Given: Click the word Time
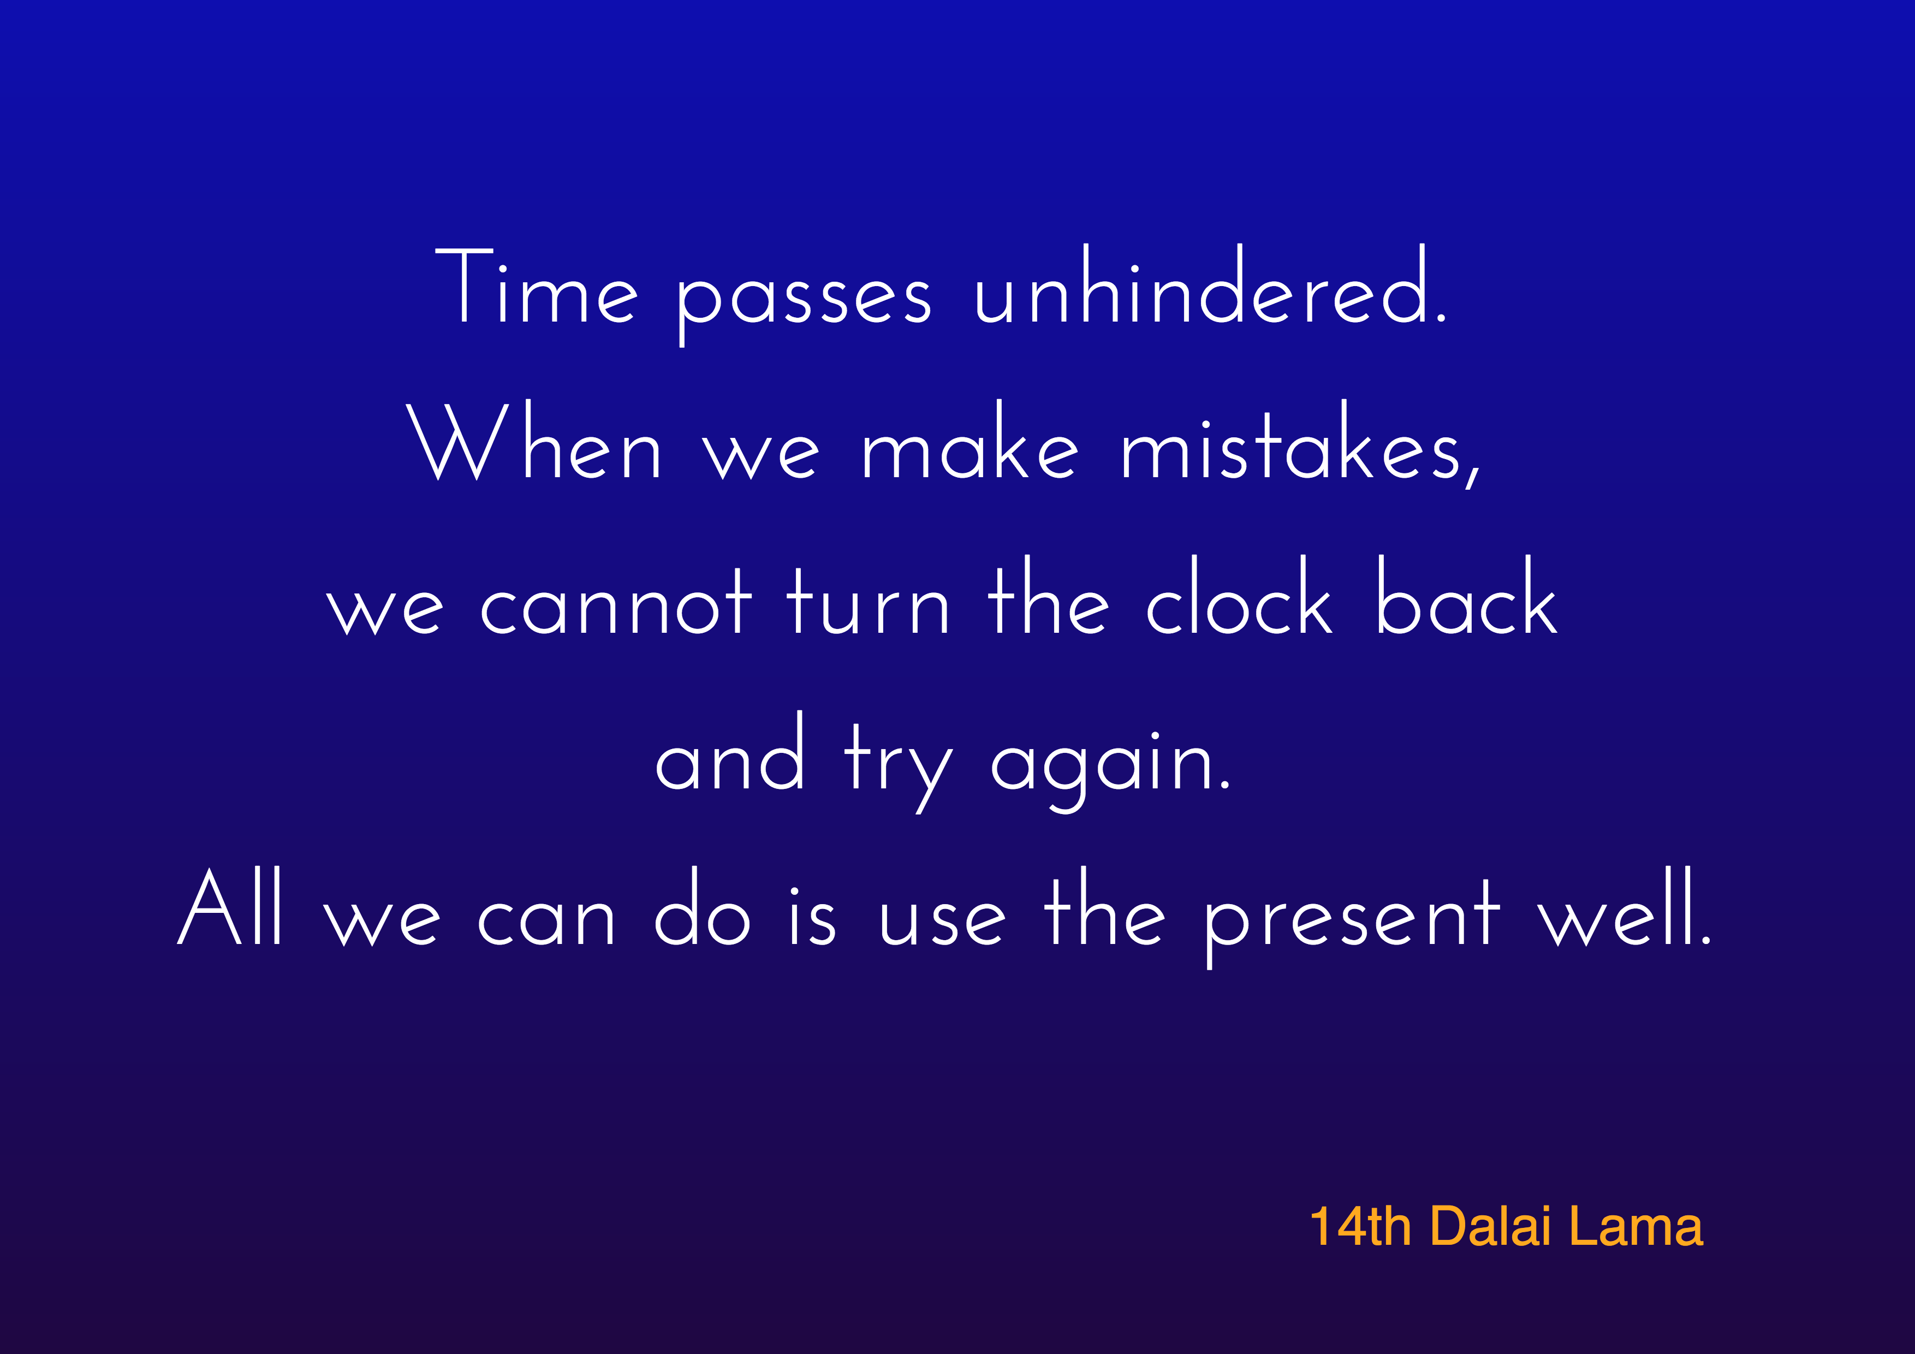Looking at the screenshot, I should [536, 288].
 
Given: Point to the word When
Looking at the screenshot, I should [534, 442].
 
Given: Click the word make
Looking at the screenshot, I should [970, 442].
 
